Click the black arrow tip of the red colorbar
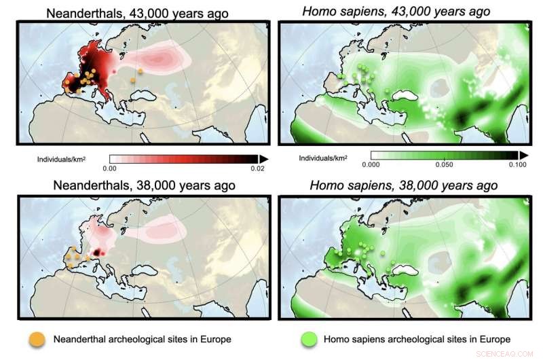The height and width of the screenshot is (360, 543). pos(263,158)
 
